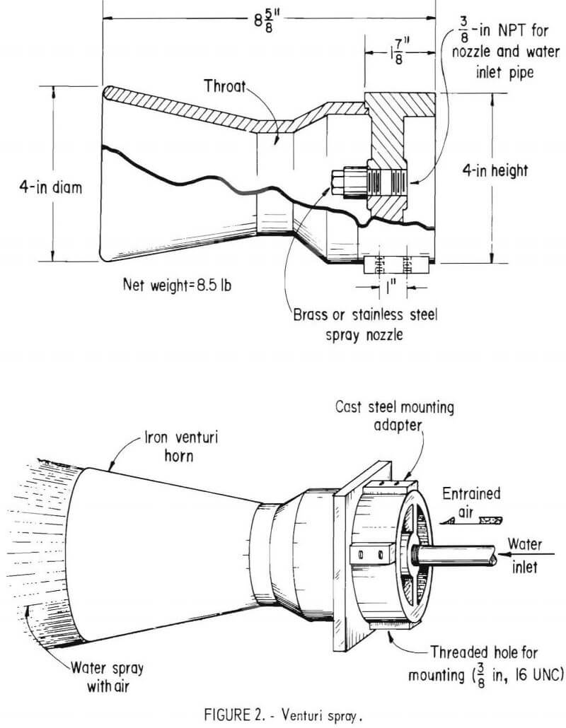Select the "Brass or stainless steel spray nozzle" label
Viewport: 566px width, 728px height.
(x=365, y=324)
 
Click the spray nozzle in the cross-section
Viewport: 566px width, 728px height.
(x=347, y=180)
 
